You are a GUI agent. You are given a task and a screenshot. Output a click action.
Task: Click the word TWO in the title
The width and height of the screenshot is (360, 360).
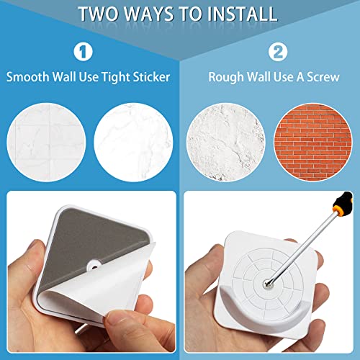[x=101, y=14]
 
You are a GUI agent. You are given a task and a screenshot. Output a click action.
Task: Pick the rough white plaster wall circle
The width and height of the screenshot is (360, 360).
[x=225, y=138]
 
